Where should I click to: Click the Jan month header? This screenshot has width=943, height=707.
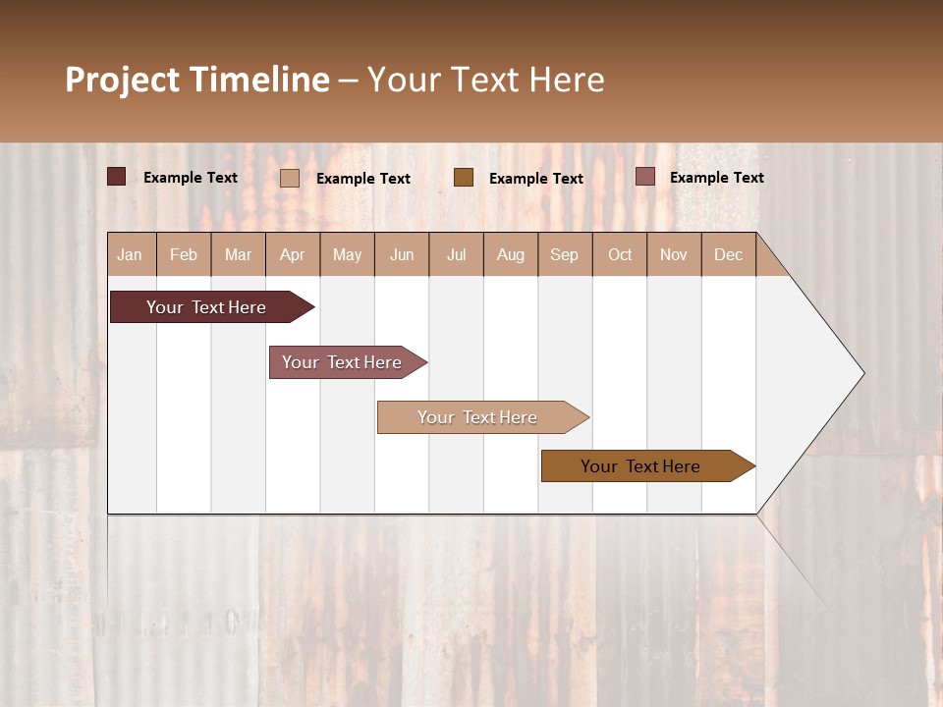(x=131, y=254)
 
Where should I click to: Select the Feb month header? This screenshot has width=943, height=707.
(x=184, y=254)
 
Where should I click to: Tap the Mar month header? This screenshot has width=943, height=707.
(x=238, y=254)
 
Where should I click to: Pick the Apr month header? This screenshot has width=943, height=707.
(x=293, y=254)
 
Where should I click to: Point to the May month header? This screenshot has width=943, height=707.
(x=347, y=254)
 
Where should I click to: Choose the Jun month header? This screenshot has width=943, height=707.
(x=402, y=254)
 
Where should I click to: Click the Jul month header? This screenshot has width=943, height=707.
(x=456, y=254)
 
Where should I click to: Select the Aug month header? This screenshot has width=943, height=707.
(x=511, y=254)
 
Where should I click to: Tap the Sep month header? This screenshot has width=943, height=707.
(x=565, y=254)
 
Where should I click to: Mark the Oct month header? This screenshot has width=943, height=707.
(x=620, y=254)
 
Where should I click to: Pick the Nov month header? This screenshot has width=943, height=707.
(x=674, y=254)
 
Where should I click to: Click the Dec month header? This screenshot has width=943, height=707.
(x=729, y=254)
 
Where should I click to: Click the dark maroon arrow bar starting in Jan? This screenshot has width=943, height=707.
(x=207, y=307)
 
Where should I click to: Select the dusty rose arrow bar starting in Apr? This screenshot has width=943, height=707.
(x=343, y=362)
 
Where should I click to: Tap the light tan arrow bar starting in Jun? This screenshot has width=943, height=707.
(x=478, y=417)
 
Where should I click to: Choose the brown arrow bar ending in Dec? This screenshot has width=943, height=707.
(x=641, y=466)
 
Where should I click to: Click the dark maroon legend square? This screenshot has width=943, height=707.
(x=117, y=177)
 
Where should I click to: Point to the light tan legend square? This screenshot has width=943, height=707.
(x=290, y=178)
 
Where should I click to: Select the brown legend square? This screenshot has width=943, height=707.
(x=464, y=177)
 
